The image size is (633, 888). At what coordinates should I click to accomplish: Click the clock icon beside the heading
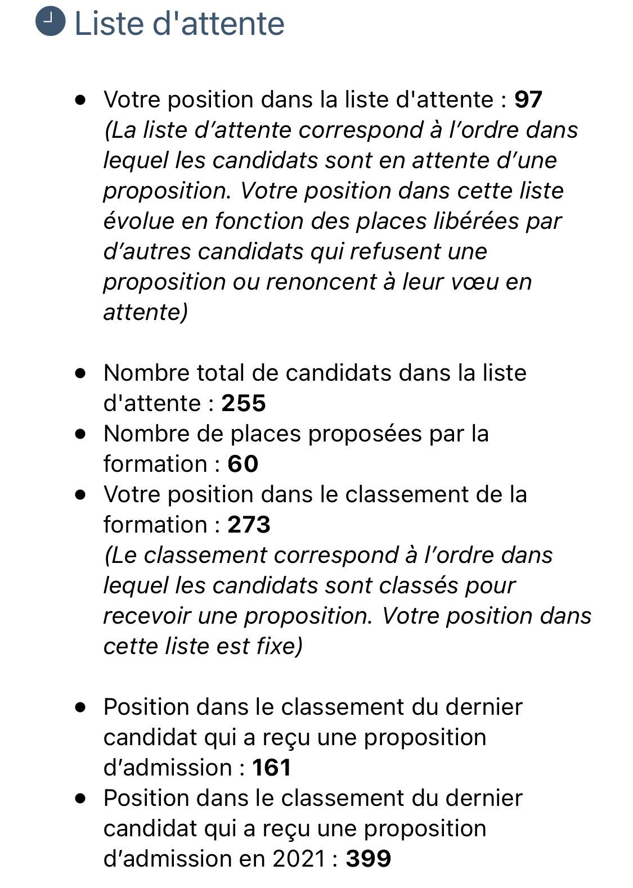[x=51, y=23]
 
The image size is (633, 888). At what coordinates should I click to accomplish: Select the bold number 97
[x=528, y=100]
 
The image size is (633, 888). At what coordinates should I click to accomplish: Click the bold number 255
[x=244, y=403]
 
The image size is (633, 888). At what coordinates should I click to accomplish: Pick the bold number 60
[x=243, y=464]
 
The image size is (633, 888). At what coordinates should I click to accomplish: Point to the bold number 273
[x=249, y=525]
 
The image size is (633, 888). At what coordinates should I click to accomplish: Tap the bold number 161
[x=272, y=768]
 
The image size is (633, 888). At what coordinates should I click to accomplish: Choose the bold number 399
[x=369, y=859]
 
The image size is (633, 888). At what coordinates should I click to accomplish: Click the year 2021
[x=299, y=859]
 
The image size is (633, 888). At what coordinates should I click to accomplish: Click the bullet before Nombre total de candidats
[x=82, y=373]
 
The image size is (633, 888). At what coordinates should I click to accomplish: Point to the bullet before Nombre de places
[x=82, y=434]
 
